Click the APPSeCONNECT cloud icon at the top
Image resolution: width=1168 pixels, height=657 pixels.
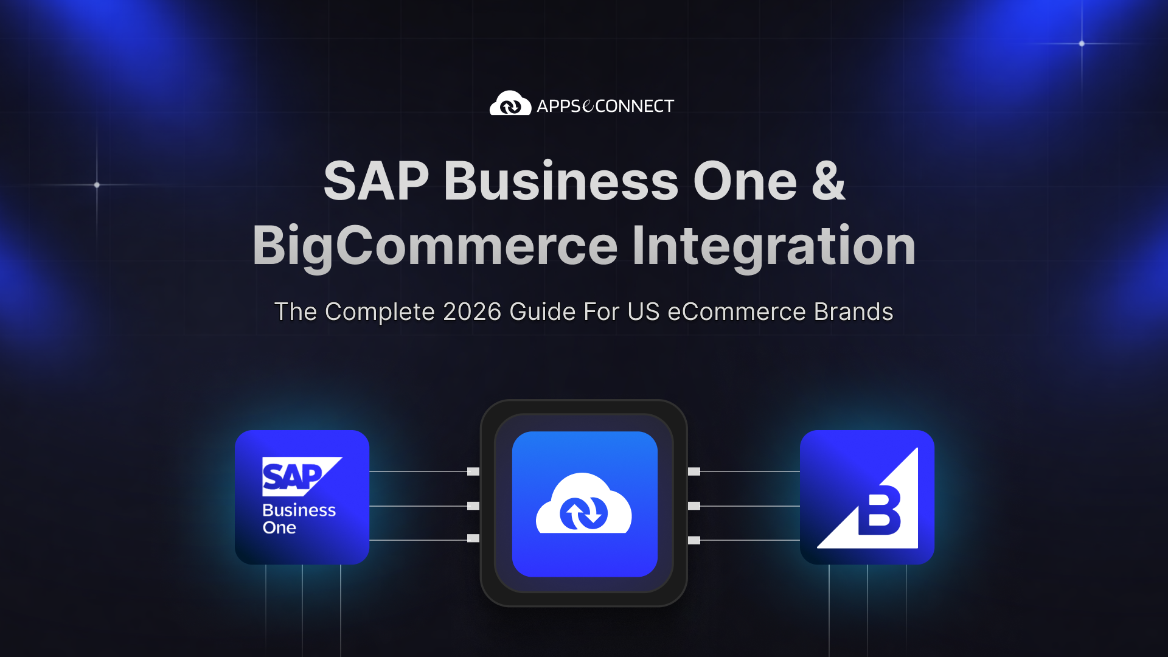click(510, 104)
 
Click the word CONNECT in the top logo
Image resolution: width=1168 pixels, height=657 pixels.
click(634, 106)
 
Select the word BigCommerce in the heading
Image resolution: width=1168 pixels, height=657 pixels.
click(435, 246)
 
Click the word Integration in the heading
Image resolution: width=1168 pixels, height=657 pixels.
click(774, 246)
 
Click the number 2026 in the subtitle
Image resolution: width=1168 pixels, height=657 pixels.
click(472, 311)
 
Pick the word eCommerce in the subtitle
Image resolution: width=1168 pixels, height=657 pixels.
click(737, 311)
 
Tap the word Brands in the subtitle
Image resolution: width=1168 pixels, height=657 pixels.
click(853, 311)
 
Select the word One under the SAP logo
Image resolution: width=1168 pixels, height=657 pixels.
click(279, 527)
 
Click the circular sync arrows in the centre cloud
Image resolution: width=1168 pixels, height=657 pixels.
click(583, 513)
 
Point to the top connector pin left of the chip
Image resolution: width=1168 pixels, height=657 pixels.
click(473, 471)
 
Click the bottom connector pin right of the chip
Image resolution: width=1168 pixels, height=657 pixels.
click(694, 540)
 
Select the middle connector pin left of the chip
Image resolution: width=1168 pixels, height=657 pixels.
click(473, 506)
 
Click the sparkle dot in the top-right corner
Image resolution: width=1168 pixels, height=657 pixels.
click(1082, 44)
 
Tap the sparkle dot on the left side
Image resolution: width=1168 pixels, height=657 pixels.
click(97, 185)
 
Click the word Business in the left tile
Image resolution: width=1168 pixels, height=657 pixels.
click(299, 510)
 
